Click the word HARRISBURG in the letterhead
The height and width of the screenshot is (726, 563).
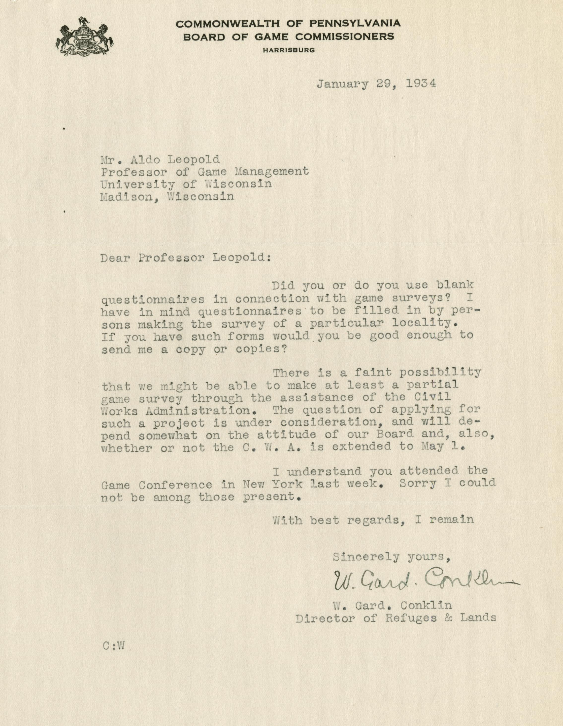(289, 50)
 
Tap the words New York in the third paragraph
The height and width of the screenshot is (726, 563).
(272, 484)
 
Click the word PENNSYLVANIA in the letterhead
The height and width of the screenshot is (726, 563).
(355, 23)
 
